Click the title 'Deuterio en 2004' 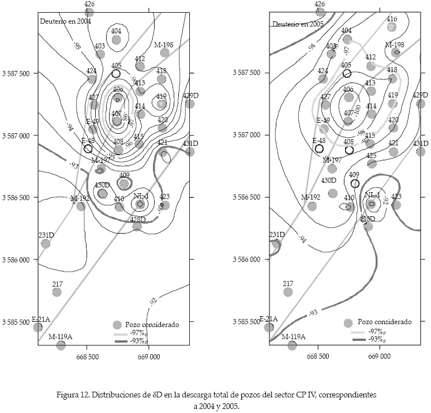pyautogui.click(x=65, y=21)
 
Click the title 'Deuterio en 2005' pyautogui.click(x=297, y=24)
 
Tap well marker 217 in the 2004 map pyautogui.click(x=57, y=292)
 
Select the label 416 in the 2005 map pyautogui.click(x=392, y=19)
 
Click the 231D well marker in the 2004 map pyautogui.click(x=46, y=243)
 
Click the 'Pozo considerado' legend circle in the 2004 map pyautogui.click(x=117, y=325)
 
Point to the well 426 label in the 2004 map pyautogui.click(x=89, y=4)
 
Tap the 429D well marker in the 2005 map pyautogui.click(x=421, y=104)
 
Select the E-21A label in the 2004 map pyautogui.click(x=41, y=319)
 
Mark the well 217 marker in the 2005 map pyautogui.click(x=288, y=292)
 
